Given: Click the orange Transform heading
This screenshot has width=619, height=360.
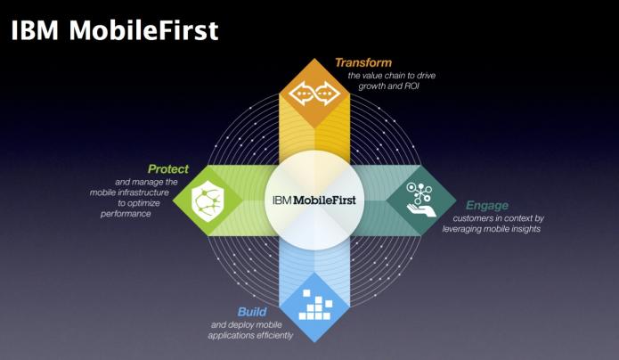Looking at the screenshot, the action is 363,62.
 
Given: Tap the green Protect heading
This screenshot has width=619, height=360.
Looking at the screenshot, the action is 168,169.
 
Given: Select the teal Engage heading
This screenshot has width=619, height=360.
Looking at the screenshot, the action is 487,206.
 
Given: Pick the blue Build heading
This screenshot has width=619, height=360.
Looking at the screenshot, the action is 252,312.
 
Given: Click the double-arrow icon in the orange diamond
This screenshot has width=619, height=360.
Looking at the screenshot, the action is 314,94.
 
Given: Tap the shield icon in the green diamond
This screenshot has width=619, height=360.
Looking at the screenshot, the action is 208,200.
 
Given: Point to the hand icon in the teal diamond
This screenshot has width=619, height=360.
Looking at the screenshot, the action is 421,200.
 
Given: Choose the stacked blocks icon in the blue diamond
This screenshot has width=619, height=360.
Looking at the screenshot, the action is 314,305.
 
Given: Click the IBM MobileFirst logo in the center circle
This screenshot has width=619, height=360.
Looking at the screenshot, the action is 314,200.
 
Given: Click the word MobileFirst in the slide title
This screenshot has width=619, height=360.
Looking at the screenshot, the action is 143,30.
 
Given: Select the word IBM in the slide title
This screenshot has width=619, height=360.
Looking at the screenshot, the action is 35,30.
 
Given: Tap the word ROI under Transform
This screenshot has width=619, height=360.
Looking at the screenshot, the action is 410,86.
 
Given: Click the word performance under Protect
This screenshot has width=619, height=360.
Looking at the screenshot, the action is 126,214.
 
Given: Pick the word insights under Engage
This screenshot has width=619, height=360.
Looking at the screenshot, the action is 525,229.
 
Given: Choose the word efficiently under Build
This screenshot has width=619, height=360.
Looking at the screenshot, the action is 272,336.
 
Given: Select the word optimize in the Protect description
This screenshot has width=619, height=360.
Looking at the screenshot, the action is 144,203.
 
